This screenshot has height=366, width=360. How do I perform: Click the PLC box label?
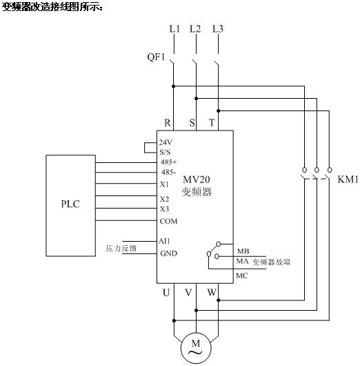point(70,204)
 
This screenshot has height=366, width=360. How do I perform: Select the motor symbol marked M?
point(196,348)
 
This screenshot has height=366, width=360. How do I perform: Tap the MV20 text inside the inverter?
point(196,180)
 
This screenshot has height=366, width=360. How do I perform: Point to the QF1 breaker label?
point(156,57)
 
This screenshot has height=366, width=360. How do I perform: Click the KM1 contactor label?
point(348,180)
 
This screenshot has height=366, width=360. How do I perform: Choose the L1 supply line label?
point(174,29)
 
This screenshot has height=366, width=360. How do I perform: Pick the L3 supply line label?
point(218,29)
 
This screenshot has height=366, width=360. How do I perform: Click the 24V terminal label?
point(166,142)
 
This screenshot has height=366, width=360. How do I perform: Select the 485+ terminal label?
point(168,162)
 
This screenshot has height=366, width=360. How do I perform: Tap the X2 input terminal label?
point(164,199)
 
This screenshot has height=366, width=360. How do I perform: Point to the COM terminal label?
point(168,221)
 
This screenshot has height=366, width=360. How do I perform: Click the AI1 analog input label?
point(164,241)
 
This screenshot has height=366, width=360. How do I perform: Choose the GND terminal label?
point(168,253)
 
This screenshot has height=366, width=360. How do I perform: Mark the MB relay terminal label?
point(243,251)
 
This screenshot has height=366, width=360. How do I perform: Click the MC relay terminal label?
point(241,276)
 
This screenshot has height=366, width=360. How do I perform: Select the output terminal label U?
point(166,293)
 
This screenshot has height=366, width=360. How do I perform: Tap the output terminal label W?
point(212,293)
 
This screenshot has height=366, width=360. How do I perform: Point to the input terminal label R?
point(168,122)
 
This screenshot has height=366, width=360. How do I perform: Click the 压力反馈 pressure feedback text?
point(121,249)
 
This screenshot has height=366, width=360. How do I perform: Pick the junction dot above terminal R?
point(173,86)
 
